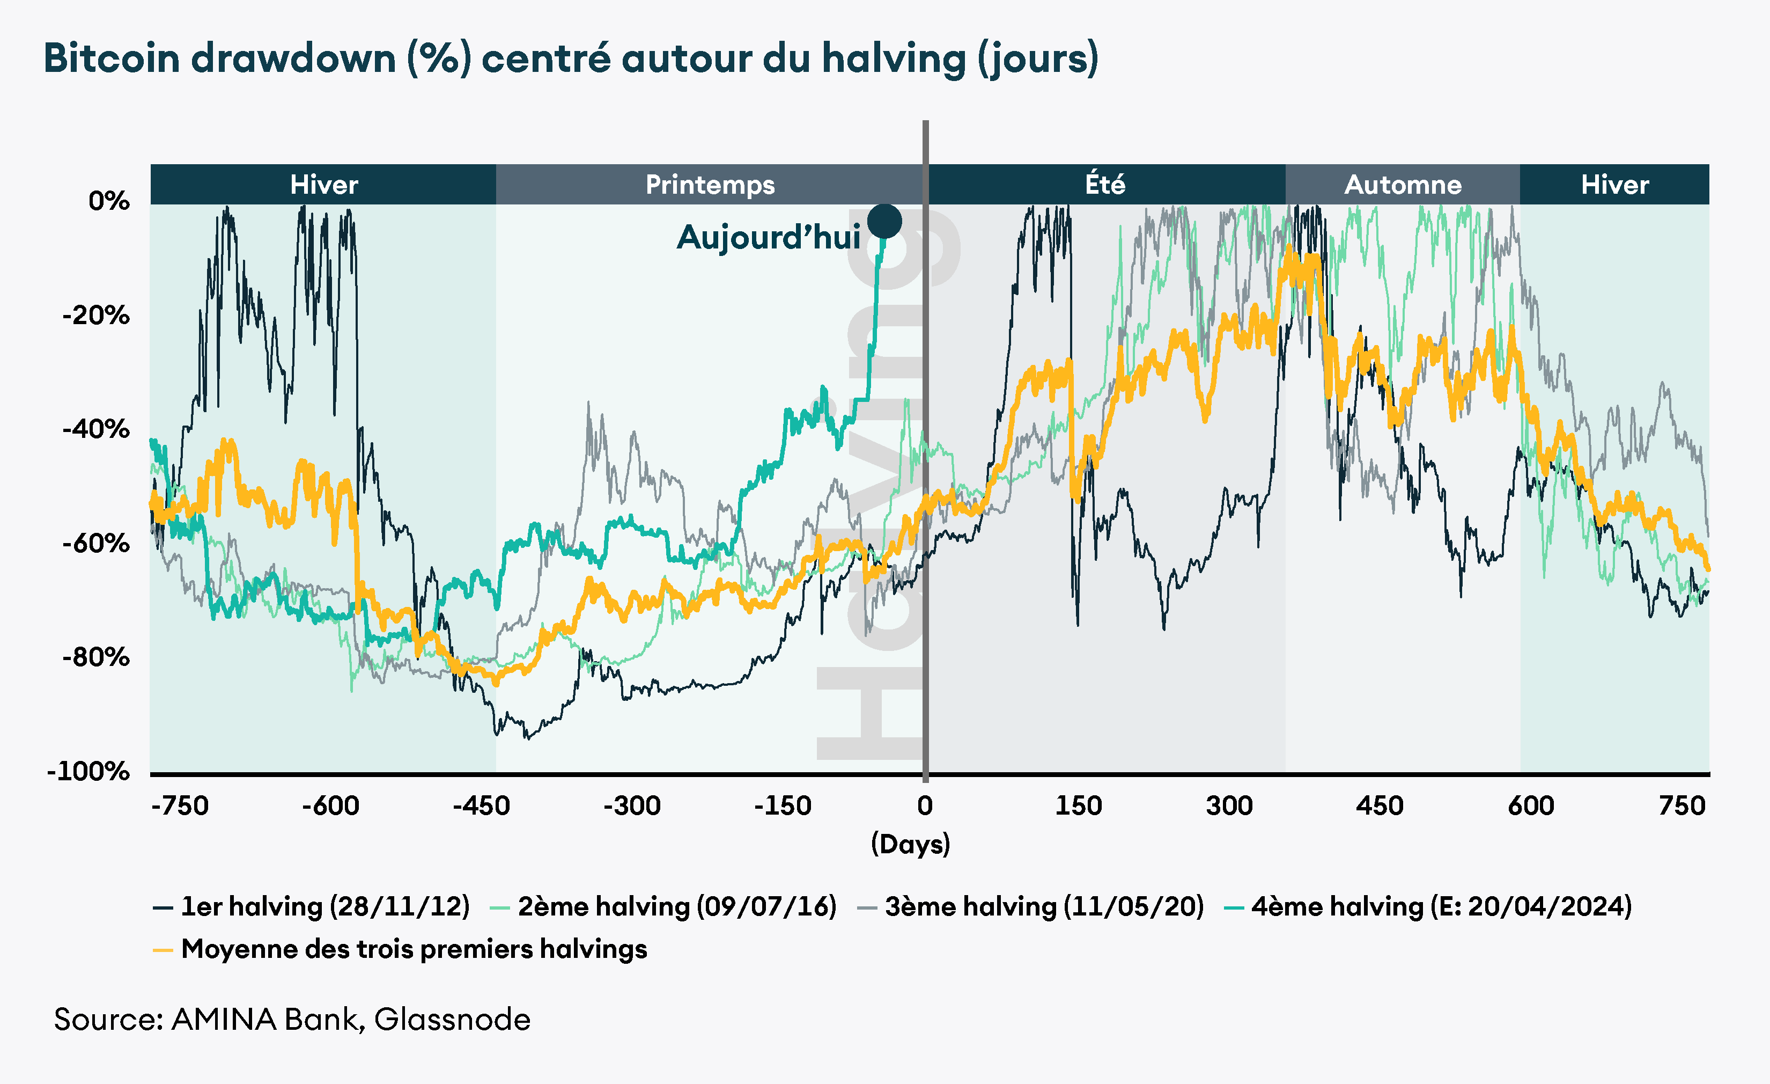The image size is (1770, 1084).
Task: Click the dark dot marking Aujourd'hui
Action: point(884,221)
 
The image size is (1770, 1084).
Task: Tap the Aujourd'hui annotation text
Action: point(768,237)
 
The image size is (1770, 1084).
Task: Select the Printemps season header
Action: point(710,185)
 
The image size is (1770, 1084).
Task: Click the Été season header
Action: point(1105,185)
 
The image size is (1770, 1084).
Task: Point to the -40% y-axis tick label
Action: point(96,429)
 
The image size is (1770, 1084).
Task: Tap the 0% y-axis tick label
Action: point(109,201)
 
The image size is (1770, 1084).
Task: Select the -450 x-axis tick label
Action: point(481,806)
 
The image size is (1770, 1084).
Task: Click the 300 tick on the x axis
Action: point(1229,806)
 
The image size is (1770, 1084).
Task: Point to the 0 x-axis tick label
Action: point(925,806)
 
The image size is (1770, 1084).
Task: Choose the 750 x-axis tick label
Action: point(1681,806)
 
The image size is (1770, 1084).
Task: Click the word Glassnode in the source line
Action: point(453,1019)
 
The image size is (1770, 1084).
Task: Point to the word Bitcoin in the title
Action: point(112,58)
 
